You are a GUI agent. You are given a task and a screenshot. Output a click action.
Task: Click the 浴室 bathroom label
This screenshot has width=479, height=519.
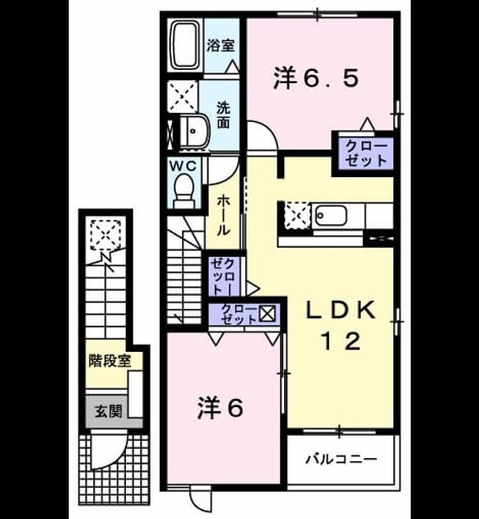[x=221, y=45]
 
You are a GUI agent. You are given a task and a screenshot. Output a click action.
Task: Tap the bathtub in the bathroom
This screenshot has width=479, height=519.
[x=185, y=44]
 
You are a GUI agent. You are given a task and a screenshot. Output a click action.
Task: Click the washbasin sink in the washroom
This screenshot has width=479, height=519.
[x=194, y=132]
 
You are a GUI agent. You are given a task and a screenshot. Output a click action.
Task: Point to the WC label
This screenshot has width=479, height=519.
[x=184, y=166]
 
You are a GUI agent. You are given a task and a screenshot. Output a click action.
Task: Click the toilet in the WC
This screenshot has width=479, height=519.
[x=184, y=190]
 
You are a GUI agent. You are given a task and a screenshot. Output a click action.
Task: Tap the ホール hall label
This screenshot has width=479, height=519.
[x=223, y=215]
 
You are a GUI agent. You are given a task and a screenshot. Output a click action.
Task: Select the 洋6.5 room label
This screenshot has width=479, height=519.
[x=316, y=78]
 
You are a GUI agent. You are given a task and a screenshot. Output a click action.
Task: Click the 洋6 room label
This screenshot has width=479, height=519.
[x=221, y=408]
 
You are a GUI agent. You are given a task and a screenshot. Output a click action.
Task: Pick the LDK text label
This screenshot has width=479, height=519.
[x=341, y=311]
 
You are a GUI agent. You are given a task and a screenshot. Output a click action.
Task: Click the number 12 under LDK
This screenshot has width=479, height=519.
[x=341, y=342]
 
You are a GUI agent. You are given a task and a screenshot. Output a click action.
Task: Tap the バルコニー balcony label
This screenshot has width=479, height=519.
[x=341, y=459]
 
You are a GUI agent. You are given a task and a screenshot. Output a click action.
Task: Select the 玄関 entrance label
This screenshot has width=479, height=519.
[x=109, y=411]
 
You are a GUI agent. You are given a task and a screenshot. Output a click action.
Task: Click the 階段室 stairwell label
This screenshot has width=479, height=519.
[x=109, y=361]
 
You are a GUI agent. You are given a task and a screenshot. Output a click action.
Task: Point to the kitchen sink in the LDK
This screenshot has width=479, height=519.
[x=331, y=216]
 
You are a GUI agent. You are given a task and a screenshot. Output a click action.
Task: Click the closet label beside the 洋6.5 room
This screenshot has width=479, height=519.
[x=366, y=153]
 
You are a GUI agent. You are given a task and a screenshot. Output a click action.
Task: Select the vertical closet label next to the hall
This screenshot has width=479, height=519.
[x=224, y=277]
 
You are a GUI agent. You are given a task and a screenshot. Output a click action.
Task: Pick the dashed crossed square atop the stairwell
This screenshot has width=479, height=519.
[x=106, y=234]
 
